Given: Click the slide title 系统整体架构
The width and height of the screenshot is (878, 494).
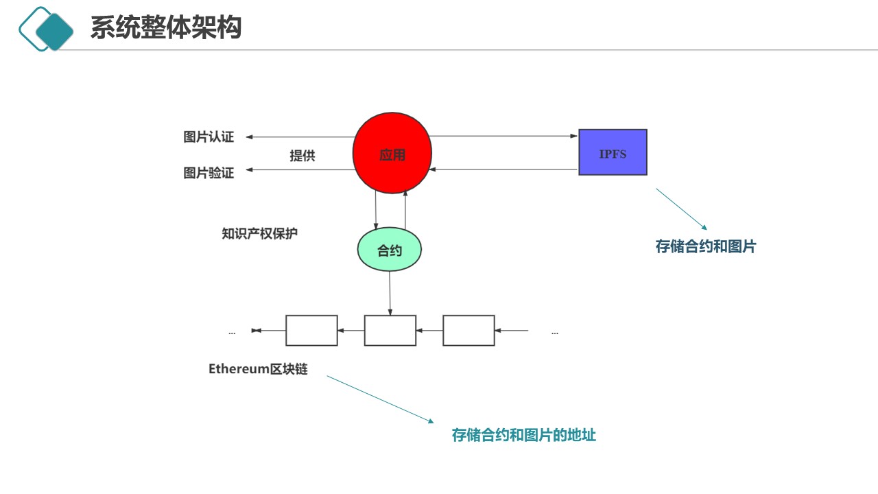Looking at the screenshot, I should click(x=166, y=29).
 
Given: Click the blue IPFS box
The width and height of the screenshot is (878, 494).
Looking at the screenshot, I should click(x=613, y=152).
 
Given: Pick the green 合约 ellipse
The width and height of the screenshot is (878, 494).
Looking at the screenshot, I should click(x=390, y=250).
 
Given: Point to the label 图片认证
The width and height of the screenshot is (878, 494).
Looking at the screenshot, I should click(x=209, y=137).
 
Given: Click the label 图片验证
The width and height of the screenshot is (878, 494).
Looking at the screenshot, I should click(x=209, y=173).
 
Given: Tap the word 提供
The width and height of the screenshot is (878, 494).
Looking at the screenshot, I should click(x=302, y=156).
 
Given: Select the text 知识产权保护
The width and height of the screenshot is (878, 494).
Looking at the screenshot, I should click(x=259, y=233).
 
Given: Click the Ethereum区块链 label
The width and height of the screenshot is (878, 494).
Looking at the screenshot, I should click(x=258, y=369).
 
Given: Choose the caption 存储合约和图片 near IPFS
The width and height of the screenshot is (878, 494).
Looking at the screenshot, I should click(x=705, y=247).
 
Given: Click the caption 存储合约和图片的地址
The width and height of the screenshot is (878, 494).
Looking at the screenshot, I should click(x=523, y=435).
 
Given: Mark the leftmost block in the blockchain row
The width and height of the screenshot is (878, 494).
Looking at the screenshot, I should click(x=311, y=330).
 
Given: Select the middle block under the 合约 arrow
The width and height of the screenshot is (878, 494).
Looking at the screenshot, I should click(x=390, y=330).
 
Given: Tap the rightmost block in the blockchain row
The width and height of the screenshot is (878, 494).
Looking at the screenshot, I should click(x=468, y=330).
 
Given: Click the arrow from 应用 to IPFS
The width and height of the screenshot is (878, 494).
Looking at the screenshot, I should click(x=505, y=136).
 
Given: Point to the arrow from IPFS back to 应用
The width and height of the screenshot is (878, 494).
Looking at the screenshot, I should click(x=505, y=169).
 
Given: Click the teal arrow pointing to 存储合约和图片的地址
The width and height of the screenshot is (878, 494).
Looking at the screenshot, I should click(x=380, y=399).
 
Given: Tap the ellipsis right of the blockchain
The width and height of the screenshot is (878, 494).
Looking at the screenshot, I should click(x=554, y=332).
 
